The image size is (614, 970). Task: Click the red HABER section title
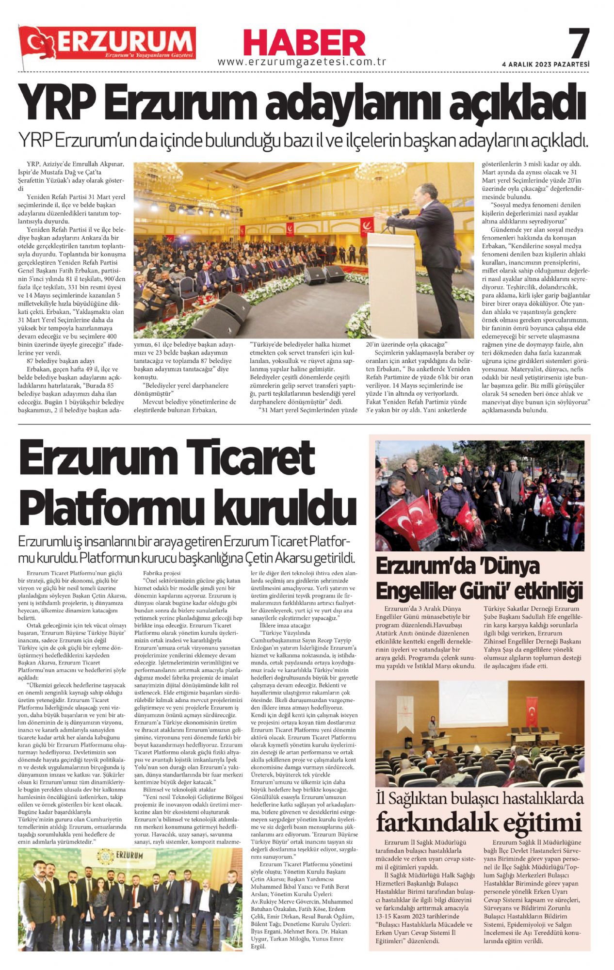[x=304, y=43]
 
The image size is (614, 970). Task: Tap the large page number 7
[x=578, y=43]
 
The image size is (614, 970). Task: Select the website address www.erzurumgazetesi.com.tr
[x=301, y=62]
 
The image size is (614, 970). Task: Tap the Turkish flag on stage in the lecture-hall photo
[x=532, y=711]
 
